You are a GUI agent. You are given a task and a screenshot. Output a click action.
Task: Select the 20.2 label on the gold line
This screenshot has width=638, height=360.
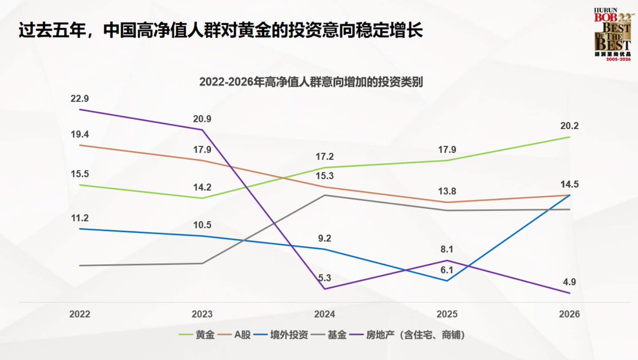569,126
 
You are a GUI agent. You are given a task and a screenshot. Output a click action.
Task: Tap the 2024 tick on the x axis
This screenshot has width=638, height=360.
324,314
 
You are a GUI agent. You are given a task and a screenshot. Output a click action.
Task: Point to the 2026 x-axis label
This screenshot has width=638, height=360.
569,314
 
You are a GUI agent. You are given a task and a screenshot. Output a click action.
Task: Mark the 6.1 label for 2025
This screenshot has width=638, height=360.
447,270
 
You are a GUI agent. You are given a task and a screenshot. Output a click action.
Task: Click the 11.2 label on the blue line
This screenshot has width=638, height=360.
80,217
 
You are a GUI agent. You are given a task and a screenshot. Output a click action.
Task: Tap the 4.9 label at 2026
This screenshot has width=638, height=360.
569,282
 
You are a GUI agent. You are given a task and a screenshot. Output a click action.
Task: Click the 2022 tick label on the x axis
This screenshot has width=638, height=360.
80,314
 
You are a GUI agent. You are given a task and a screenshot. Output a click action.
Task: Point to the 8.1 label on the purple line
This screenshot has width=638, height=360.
447,248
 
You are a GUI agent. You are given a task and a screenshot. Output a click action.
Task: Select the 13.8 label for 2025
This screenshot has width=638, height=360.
447,191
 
